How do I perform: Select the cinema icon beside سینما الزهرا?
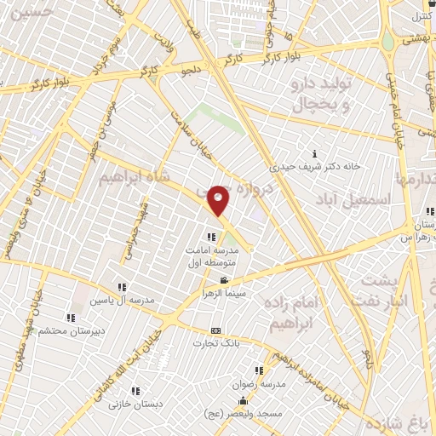[x=224, y=281]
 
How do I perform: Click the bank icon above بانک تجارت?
[x=214, y=330]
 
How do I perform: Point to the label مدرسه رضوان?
[x=259, y=383]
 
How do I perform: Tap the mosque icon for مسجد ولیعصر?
[x=243, y=401]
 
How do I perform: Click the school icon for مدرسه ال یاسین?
[x=123, y=287]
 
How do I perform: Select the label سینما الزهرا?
[x=223, y=292]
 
